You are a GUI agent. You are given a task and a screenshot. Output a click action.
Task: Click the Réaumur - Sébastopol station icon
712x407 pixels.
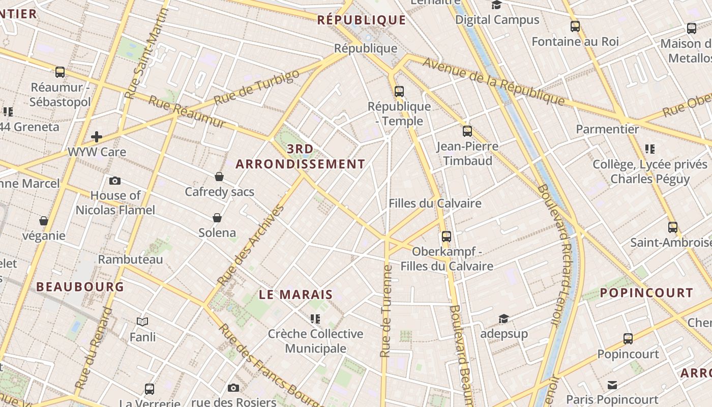(60, 72)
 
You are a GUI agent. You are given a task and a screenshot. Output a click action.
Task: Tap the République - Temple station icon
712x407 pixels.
(399, 92)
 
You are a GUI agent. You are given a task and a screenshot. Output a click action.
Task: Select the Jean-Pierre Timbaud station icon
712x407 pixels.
(467, 131)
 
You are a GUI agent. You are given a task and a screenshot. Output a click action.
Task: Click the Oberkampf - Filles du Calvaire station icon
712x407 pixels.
(447, 237)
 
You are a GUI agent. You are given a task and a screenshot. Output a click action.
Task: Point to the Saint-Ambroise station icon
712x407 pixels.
(673, 227)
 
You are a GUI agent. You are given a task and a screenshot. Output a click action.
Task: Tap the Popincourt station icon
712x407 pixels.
(628, 339)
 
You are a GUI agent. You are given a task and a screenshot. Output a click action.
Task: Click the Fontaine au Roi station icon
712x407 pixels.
(575, 26)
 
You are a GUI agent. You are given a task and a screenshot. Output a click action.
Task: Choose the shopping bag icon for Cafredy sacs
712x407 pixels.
(219, 177)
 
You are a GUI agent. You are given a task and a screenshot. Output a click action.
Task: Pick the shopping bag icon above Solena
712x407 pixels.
(217, 218)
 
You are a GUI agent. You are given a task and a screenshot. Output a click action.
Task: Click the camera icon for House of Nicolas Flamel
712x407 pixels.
(115, 181)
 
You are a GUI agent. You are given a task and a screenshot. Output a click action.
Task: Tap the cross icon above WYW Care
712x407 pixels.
(97, 137)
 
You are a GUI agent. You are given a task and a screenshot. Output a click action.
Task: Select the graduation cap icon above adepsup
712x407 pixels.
(503, 318)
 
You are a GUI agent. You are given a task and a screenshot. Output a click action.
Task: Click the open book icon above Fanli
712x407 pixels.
(142, 322)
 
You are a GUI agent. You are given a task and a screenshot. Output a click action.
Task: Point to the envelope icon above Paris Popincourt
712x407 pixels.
(612, 385)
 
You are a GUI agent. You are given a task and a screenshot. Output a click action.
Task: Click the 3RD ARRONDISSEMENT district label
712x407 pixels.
(301, 157)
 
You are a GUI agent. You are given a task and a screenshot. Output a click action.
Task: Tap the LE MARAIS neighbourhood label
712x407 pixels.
(296, 295)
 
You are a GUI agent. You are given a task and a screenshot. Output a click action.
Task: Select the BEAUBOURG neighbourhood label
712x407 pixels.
(80, 287)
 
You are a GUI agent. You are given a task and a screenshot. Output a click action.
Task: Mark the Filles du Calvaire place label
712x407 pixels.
(435, 203)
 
